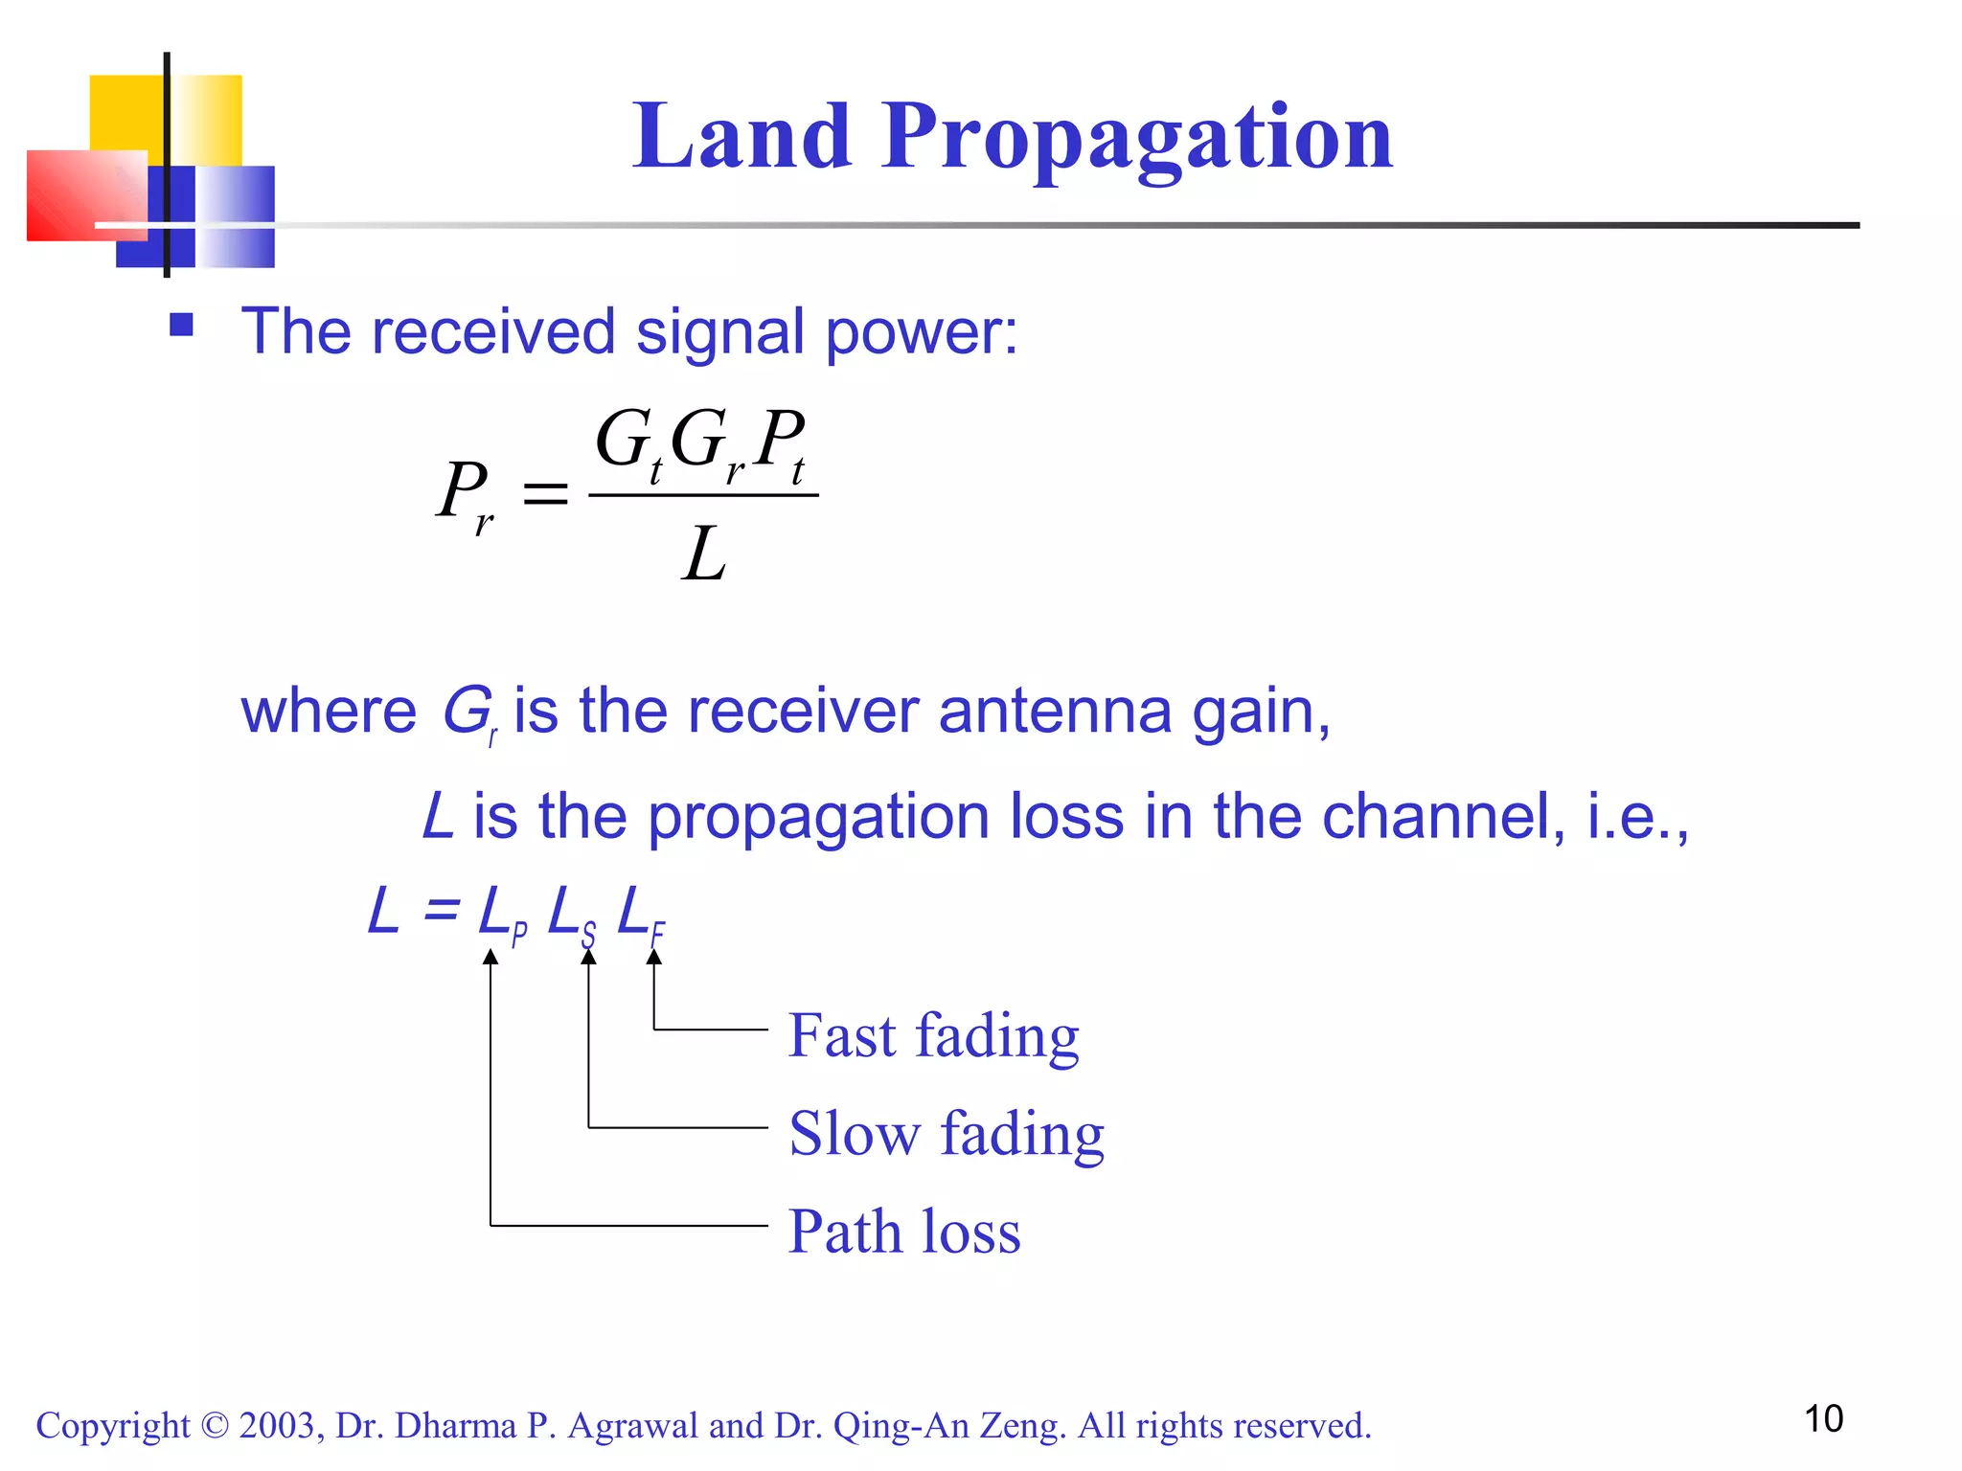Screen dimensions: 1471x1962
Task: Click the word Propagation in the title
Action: click(x=1137, y=140)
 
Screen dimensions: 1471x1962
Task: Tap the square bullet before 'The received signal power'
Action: click(x=181, y=326)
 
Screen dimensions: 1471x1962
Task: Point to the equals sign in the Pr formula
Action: click(x=544, y=494)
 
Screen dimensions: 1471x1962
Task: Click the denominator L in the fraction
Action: click(x=704, y=555)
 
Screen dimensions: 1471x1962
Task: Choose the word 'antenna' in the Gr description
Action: click(x=1055, y=712)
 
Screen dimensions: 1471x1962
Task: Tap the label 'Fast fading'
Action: click(x=933, y=1036)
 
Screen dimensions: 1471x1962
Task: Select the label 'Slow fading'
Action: click(x=947, y=1134)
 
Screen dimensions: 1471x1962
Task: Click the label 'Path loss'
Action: click(x=904, y=1232)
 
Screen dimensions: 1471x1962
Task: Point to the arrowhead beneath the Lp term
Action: click(x=490, y=957)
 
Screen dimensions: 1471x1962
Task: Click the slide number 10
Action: click(x=1823, y=1418)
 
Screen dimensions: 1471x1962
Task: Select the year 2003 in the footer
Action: click(x=277, y=1426)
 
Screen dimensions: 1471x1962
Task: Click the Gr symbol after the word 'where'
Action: click(x=468, y=713)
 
